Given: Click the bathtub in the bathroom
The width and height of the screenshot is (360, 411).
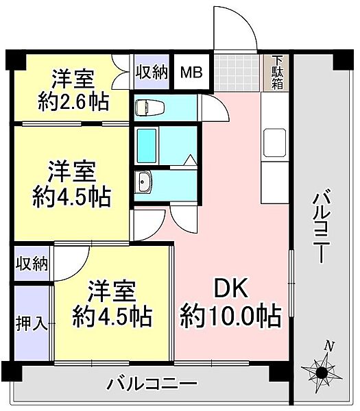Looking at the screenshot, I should pos(147,145).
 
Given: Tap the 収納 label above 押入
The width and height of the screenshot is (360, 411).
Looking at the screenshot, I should pos(32,264).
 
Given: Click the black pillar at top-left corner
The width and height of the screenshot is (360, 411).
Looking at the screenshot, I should pos(15,60).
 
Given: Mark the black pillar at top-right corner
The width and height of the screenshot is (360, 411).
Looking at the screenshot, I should pos(342,60).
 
